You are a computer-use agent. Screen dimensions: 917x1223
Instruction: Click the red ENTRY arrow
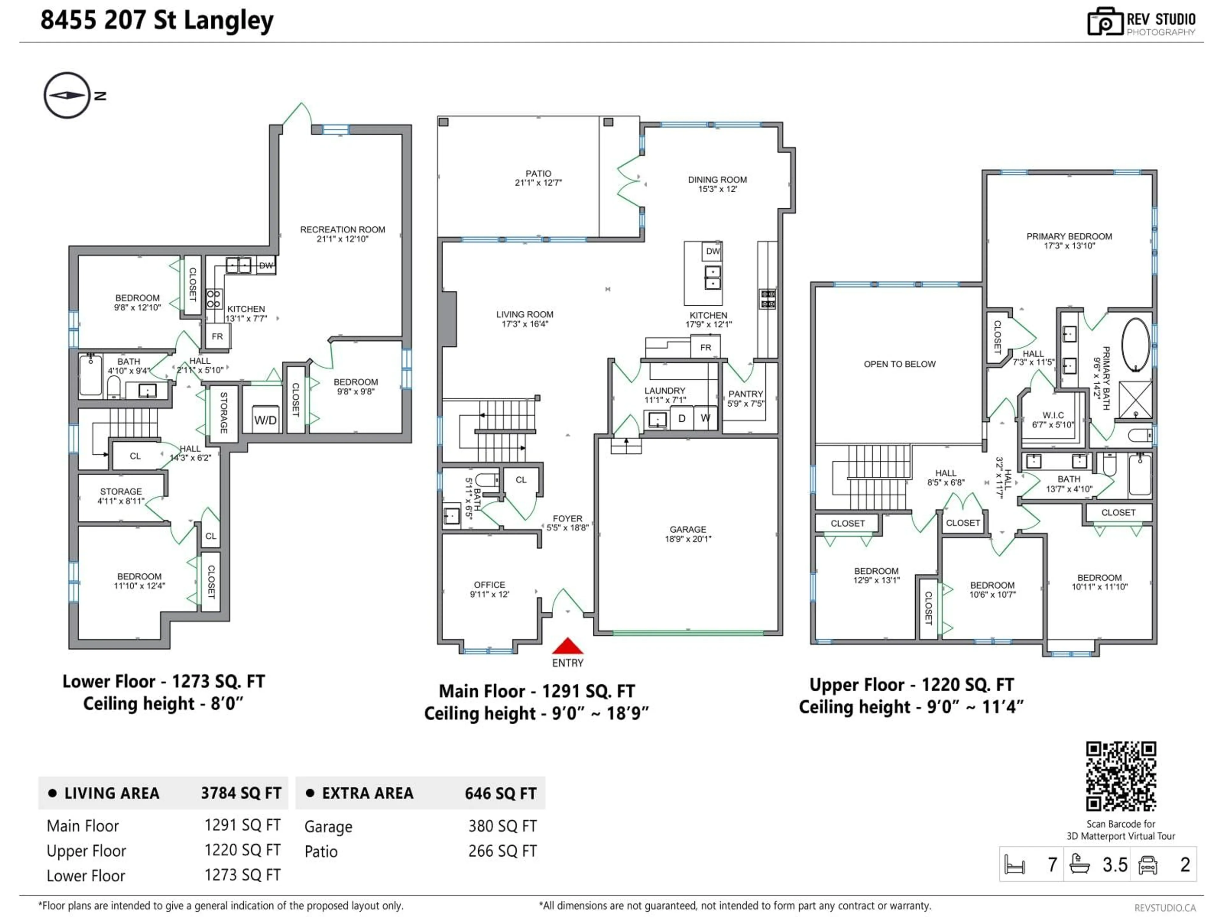(x=567, y=646)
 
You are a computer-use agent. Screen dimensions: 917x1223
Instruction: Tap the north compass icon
(x=67, y=95)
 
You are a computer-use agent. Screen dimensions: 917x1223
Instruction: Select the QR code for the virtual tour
(x=1121, y=776)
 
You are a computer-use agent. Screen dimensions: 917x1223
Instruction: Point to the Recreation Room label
(x=342, y=229)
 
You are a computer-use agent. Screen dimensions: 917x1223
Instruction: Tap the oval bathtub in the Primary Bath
(x=1136, y=345)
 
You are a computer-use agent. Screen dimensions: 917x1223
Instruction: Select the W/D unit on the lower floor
(x=265, y=420)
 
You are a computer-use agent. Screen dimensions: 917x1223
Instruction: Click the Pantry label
(x=745, y=394)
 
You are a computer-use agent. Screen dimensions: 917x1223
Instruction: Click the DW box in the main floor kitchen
(x=713, y=252)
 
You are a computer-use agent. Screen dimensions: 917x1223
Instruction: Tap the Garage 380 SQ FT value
(x=502, y=826)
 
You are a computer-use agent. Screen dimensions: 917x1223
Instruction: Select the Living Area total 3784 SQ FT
(x=241, y=793)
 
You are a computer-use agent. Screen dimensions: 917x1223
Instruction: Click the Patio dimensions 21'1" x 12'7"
(x=538, y=183)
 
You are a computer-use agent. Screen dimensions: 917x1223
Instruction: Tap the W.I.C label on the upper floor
(x=1053, y=415)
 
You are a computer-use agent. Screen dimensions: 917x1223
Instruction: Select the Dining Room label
(x=717, y=180)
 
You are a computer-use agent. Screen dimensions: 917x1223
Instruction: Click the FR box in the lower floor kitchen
(x=217, y=336)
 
